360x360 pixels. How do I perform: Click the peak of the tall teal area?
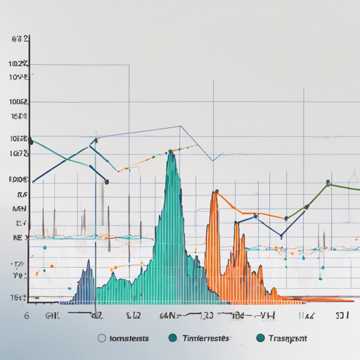tap(170, 154)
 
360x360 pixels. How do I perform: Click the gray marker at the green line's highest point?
tap(328, 183)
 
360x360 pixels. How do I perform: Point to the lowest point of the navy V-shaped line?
tap(282, 237)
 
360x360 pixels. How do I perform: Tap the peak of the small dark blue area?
tap(89, 262)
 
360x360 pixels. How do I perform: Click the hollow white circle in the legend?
tap(102, 338)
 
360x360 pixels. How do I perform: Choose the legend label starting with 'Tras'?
tap(288, 338)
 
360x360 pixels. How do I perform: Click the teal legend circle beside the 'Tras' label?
tap(262, 338)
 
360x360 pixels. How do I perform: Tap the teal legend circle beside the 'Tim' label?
tap(172, 338)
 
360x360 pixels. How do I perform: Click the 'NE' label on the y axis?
tap(18, 238)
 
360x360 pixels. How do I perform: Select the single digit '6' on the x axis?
tap(27, 316)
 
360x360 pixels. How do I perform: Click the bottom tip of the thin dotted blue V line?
tap(213, 160)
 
